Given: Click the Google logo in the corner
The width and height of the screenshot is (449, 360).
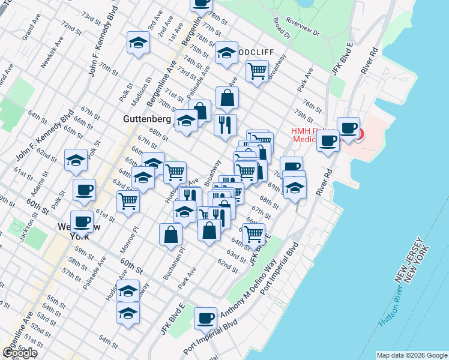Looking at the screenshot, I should click(19, 353).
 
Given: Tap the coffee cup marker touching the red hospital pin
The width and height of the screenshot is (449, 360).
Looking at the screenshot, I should click(348, 127).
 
